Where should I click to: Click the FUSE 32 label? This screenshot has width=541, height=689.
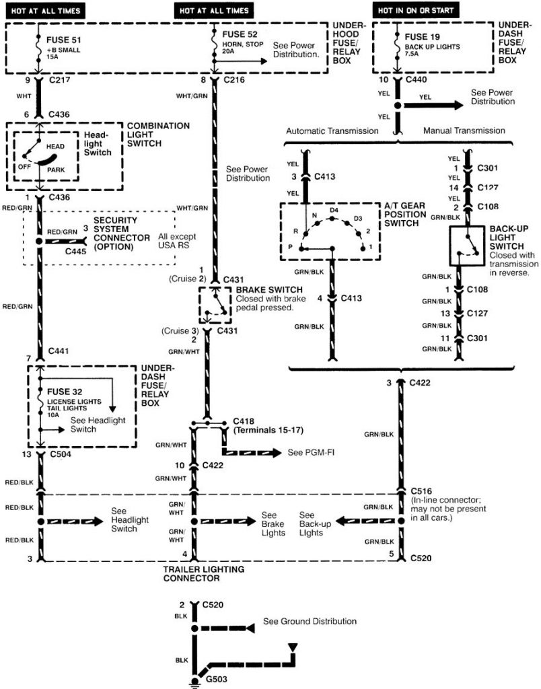(x=64, y=392)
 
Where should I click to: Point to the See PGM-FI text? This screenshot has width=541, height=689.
(x=310, y=451)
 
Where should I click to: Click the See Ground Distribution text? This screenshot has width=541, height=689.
(x=310, y=621)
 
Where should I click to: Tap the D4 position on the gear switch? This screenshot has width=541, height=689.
(x=334, y=211)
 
